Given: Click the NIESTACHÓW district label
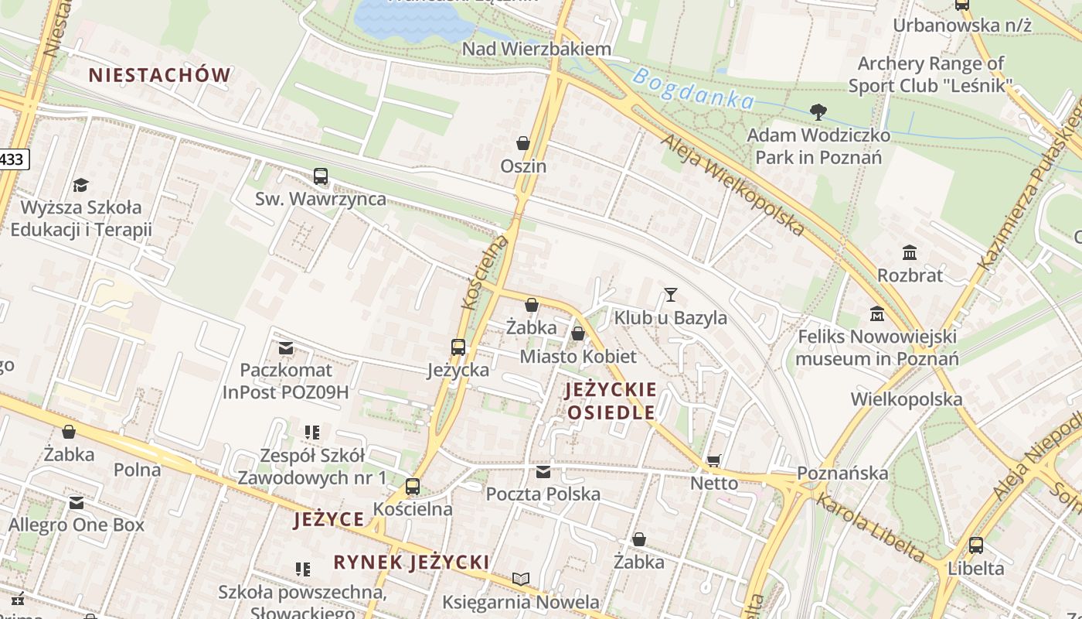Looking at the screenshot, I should coord(159,75).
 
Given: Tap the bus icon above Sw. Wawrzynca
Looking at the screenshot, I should coord(321,176).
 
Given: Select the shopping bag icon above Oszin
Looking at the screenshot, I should coord(523,143).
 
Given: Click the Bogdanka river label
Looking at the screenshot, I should coord(692,88).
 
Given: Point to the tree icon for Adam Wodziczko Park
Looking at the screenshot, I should coord(818,112).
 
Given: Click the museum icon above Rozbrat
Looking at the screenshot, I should coord(910,252).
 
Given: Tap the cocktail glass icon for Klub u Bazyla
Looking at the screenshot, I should coord(670,295).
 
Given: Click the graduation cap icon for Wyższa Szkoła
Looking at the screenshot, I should coord(80,185).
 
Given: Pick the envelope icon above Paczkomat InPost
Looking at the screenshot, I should coord(286,348).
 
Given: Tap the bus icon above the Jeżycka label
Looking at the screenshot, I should coord(458,347).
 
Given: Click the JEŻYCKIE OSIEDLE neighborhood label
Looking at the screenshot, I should coord(611,401).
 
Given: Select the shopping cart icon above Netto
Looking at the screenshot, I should coord(713,461).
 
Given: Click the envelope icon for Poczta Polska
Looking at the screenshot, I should coord(543,471).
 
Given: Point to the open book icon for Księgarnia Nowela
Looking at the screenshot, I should coord(521,579).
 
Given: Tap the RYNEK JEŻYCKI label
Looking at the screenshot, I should coord(411,563).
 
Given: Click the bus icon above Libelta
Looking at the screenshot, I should coord(976,545).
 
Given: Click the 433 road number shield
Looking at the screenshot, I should coord(12,159).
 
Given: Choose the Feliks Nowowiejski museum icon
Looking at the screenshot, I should coord(877,314).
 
